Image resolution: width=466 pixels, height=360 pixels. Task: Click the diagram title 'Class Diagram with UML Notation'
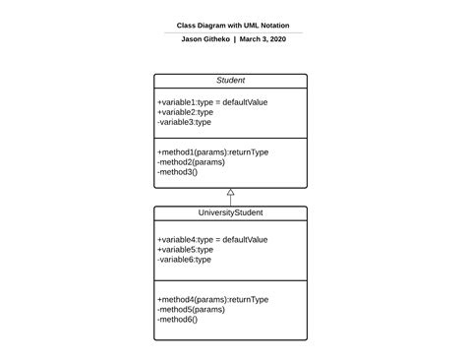pyautogui.click(x=233, y=26)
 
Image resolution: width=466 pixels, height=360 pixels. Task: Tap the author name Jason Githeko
pyautogui.click(x=206, y=39)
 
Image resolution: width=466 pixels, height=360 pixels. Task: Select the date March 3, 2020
pyautogui.click(x=262, y=39)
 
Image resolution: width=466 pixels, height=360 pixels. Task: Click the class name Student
pyautogui.click(x=231, y=81)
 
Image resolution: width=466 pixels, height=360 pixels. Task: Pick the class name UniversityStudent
pyautogui.click(x=231, y=212)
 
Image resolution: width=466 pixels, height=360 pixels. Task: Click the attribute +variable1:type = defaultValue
pyautogui.click(x=211, y=102)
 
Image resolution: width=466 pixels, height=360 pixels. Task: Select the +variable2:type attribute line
pyautogui.click(x=185, y=112)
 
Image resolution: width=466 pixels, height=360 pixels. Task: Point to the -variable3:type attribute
pyautogui.click(x=184, y=122)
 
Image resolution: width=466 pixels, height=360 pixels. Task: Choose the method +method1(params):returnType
pyautogui.click(x=212, y=152)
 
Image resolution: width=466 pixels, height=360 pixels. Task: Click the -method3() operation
pyautogui.click(x=177, y=172)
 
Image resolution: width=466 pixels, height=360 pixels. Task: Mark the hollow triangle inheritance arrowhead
pyautogui.click(x=231, y=192)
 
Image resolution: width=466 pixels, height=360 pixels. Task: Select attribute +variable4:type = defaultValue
pyautogui.click(x=211, y=239)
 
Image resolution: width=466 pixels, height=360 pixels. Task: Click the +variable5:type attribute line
pyautogui.click(x=185, y=249)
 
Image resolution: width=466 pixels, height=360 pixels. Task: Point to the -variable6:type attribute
pyautogui.click(x=184, y=259)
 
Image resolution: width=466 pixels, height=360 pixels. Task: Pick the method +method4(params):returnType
pyautogui.click(x=212, y=299)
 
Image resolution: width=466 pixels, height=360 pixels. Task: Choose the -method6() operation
pyautogui.click(x=177, y=319)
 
